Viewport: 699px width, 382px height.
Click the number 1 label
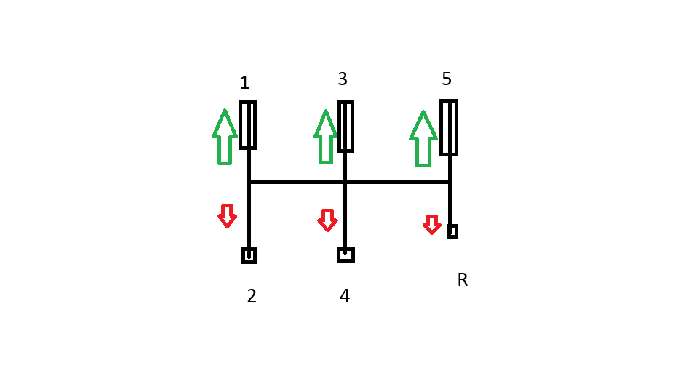244,82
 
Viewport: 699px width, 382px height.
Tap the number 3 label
343,79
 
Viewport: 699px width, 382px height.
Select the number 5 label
446,79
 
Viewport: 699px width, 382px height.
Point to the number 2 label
252,295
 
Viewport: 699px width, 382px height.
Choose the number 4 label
345,295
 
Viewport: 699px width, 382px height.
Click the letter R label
463,280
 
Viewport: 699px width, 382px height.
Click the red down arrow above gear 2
228,216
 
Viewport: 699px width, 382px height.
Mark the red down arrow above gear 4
327,220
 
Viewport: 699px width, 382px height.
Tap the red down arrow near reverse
432,225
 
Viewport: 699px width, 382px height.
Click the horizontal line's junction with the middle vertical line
345,183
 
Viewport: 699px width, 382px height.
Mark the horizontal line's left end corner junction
249,183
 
